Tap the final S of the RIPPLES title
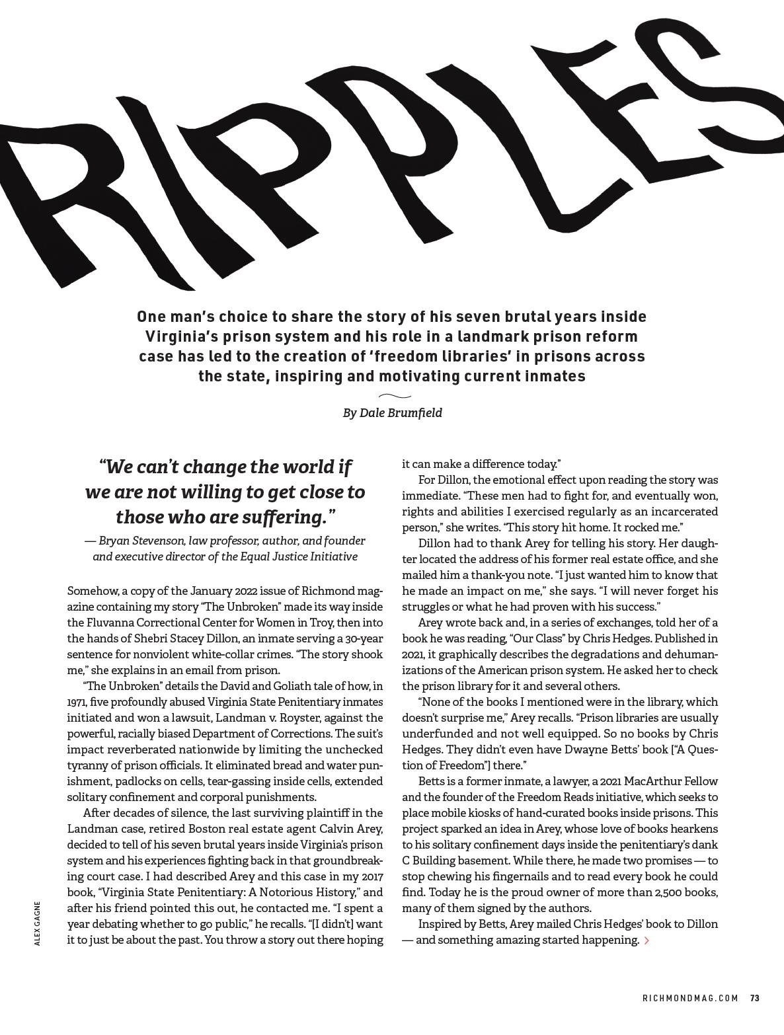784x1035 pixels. click(x=740, y=79)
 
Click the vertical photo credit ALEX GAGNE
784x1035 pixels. click(x=38, y=923)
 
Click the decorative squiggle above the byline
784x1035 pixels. click(x=395, y=396)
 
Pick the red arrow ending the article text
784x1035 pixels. click(x=647, y=940)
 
